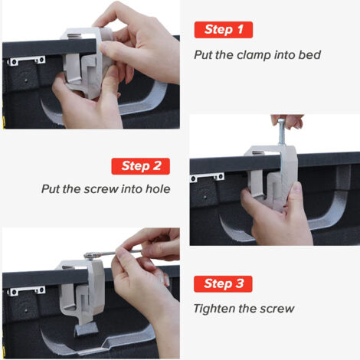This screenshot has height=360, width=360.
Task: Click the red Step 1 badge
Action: pos(224,30)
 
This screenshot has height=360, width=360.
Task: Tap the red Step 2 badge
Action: pos(141,166)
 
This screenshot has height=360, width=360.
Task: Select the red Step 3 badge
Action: pos(223,284)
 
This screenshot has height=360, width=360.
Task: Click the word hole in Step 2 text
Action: pos(158,189)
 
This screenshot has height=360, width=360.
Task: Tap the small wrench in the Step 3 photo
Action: pos(113,254)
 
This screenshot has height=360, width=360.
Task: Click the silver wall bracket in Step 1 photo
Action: pos(26,61)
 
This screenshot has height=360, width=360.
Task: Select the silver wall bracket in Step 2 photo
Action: pos(208,177)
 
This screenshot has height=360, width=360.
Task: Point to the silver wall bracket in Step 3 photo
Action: pos(26,290)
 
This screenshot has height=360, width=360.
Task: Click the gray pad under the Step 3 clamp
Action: pos(86,328)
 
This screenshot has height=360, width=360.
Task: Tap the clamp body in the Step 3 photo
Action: pos(83,291)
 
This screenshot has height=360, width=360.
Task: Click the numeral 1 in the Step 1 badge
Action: pos(240,29)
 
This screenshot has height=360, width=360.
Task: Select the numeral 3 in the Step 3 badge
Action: pos(240,283)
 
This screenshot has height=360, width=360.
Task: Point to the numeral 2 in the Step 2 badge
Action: pos(157,166)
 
